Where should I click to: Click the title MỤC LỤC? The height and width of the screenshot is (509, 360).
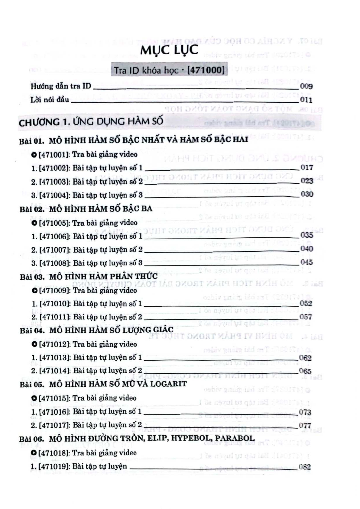click(x=169, y=50)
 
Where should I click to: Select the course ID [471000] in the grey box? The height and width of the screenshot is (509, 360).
click(x=206, y=70)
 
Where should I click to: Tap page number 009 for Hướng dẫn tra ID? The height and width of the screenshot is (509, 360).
click(x=306, y=86)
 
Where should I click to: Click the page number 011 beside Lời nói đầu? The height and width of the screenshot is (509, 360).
click(x=306, y=100)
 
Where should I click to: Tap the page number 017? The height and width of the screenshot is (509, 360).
click(x=306, y=167)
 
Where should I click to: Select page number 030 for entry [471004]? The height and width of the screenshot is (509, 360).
click(x=307, y=194)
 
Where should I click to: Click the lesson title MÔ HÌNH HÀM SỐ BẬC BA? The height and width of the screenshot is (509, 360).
click(x=101, y=209)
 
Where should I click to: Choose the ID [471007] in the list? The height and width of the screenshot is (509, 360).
click(x=55, y=250)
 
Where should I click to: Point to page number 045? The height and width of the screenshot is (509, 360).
click(x=306, y=262)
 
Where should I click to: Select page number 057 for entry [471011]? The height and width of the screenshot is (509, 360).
click(x=306, y=317)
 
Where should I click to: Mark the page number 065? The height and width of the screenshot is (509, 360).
click(x=305, y=371)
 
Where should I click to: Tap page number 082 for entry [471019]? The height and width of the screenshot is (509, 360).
click(x=304, y=467)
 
